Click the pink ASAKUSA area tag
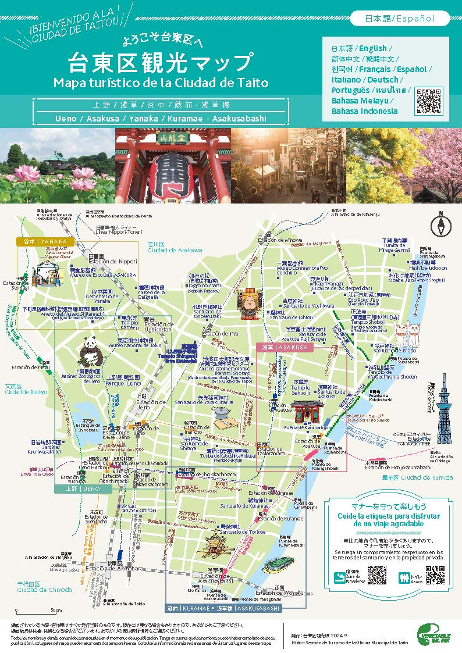click(x=285, y=347)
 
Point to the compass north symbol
click(x=440, y=224)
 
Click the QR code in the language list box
click(x=429, y=102)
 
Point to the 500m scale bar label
click(x=56, y=611)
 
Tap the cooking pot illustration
click(x=223, y=415)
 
